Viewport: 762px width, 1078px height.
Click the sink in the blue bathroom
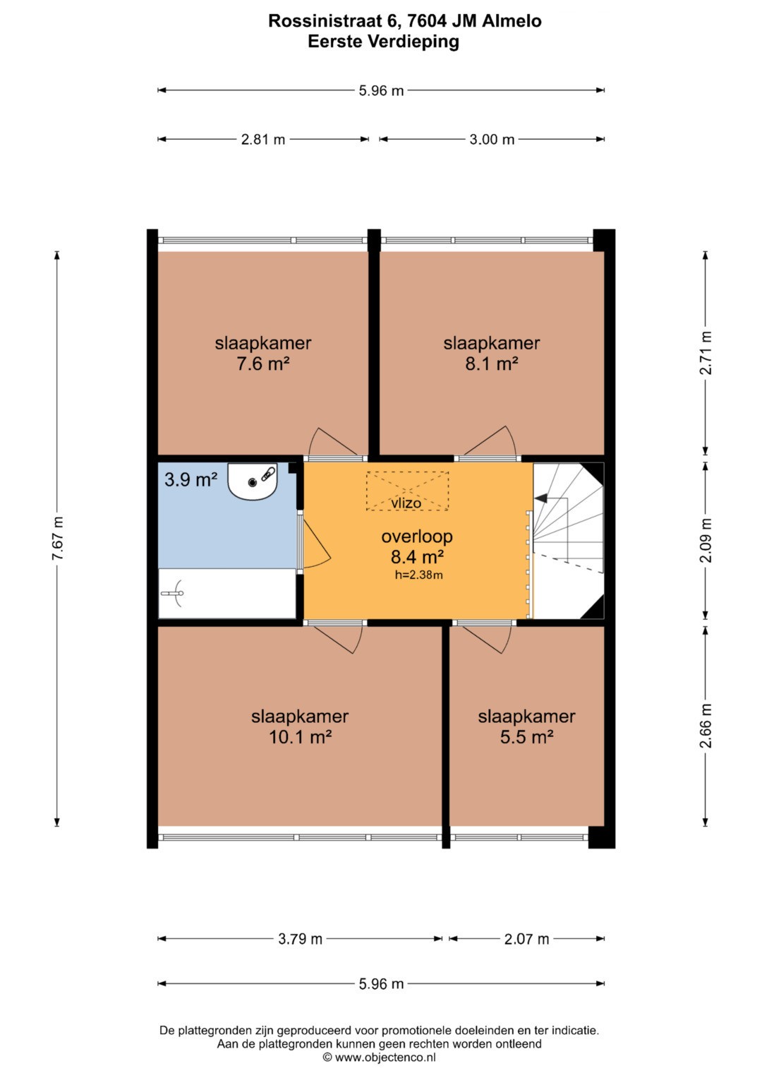click(x=253, y=481)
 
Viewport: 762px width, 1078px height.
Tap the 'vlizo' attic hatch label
click(x=406, y=503)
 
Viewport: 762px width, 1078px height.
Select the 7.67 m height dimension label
click(x=58, y=538)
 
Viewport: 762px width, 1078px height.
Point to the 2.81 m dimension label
click(x=263, y=140)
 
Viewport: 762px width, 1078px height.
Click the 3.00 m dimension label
click(x=492, y=140)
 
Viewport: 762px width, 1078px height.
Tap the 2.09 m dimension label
click(x=706, y=540)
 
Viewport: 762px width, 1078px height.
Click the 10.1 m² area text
click(x=300, y=737)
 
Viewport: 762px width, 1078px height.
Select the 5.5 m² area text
click(x=526, y=737)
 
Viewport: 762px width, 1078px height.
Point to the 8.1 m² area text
click(x=491, y=364)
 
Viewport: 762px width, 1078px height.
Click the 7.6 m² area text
click(x=262, y=364)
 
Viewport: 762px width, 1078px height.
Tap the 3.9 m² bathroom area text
click(x=191, y=479)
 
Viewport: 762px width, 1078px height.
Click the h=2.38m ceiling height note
click(x=418, y=575)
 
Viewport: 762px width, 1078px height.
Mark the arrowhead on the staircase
click(x=540, y=498)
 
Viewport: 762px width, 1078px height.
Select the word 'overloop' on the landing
click(x=417, y=536)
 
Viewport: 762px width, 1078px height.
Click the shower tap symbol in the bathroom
click(x=174, y=594)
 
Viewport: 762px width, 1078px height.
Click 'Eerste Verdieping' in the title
click(x=383, y=42)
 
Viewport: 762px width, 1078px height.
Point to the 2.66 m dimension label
click(x=706, y=726)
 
